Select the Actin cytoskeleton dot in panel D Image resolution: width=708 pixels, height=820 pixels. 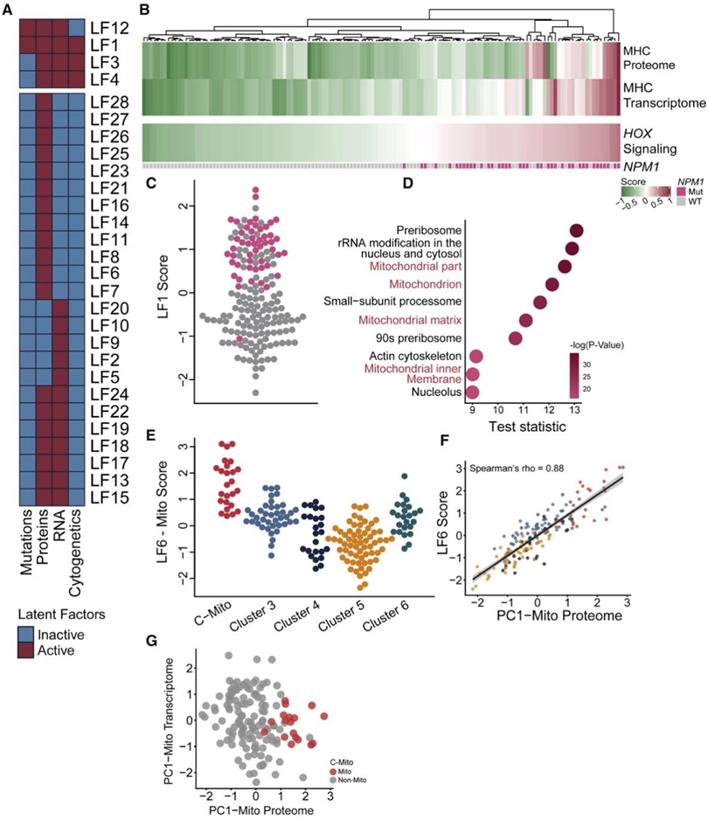476,356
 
